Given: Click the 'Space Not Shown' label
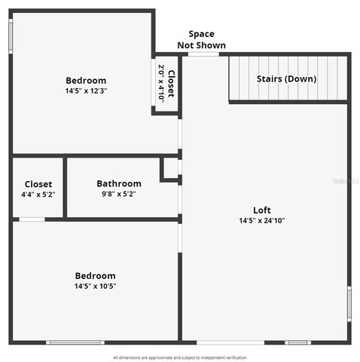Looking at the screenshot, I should click(201, 39).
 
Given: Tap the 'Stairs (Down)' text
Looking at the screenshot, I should click(286, 78).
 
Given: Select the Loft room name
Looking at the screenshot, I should click(261, 210).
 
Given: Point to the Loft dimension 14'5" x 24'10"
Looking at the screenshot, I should click(261, 220).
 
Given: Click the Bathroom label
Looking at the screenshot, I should click(118, 183).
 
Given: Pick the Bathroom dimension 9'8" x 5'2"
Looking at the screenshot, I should click(118, 194).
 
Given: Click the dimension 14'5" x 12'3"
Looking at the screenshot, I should click(86, 91).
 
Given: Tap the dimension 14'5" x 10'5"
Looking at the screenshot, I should click(95, 286).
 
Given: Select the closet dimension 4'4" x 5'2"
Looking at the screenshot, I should click(38, 194).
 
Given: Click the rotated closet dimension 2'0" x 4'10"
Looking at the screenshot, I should click(161, 84).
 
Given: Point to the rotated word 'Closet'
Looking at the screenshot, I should click(172, 84).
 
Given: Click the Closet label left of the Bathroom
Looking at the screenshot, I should click(38, 184).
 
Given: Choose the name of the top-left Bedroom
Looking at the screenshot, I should click(86, 81).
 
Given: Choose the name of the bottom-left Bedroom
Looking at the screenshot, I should click(95, 275).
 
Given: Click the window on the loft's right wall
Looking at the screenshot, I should click(348, 304).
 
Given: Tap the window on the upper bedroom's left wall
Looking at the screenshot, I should click(11, 34).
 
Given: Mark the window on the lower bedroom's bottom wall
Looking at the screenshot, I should click(75, 342).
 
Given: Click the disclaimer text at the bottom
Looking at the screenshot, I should click(180, 357).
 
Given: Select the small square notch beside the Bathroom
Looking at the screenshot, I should click(171, 169).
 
